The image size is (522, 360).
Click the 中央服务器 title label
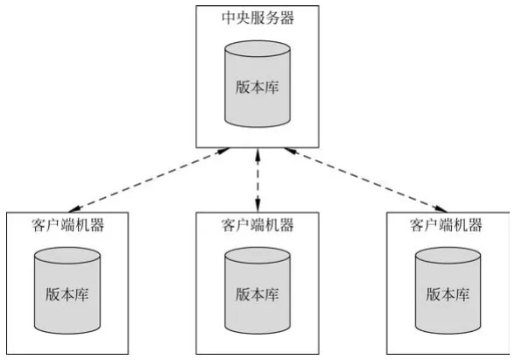point(258,18)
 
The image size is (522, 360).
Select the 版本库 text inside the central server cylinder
point(257,88)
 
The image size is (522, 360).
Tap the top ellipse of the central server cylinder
point(257,49)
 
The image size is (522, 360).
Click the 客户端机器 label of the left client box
point(68,225)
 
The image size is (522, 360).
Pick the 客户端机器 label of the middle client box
point(257,225)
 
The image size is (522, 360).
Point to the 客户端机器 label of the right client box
point(446,225)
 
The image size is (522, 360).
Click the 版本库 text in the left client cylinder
point(67,294)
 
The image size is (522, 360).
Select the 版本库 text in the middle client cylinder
point(257,294)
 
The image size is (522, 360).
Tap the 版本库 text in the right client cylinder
point(448,294)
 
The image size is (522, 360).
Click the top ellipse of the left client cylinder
point(67,256)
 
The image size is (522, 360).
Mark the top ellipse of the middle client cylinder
point(257,256)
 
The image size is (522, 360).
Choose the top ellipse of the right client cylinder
point(448,256)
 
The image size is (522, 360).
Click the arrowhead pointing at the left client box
point(74,208)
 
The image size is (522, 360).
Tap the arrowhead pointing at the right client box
point(441,208)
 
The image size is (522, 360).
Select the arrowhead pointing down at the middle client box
point(257,206)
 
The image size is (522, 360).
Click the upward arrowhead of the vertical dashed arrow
point(257,154)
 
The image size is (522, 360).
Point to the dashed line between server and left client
point(149,180)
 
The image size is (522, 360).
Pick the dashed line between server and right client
point(366,180)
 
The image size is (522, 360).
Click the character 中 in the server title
point(229,18)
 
